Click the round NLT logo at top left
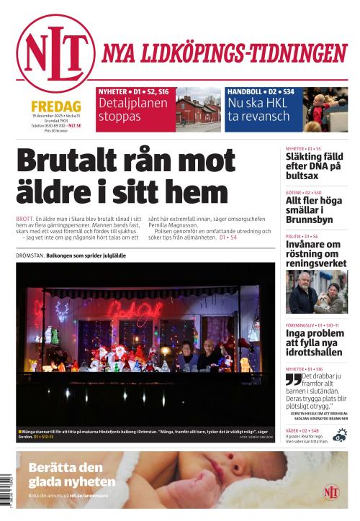[x=55, y=53]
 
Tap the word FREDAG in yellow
[x=55, y=105]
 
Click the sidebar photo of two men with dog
[x=316, y=291]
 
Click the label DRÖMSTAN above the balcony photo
[x=29, y=256]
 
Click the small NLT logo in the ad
[x=331, y=491]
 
